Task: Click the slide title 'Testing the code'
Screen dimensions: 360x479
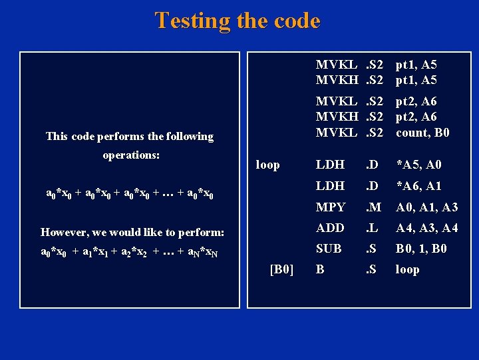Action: pyautogui.click(x=238, y=21)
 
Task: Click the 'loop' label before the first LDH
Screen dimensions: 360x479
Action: pyautogui.click(x=267, y=165)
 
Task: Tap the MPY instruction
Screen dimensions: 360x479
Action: pyautogui.click(x=330, y=207)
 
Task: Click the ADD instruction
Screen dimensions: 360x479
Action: pyautogui.click(x=330, y=228)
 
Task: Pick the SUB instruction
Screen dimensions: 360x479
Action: pyautogui.click(x=329, y=249)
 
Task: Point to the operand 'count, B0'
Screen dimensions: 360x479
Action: pyautogui.click(x=422, y=133)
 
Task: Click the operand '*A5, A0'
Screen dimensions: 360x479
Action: pyautogui.click(x=418, y=165)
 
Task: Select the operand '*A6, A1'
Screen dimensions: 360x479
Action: pyautogui.click(x=418, y=186)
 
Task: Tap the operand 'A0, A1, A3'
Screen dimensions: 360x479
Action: pyautogui.click(x=426, y=207)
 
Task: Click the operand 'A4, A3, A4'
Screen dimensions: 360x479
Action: pyautogui.click(x=426, y=228)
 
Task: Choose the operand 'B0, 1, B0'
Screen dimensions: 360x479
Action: pyautogui.click(x=421, y=249)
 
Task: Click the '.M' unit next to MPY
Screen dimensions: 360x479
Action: pyautogui.click(x=373, y=207)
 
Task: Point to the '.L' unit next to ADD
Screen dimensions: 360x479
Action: pyautogui.click(x=372, y=228)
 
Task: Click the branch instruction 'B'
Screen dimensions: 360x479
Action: pyautogui.click(x=320, y=269)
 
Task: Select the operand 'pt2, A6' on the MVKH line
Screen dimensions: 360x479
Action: pyautogui.click(x=416, y=117)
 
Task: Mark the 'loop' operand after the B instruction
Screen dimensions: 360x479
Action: pyautogui.click(x=407, y=269)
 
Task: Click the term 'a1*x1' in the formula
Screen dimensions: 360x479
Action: pyautogui.click(x=100, y=253)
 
